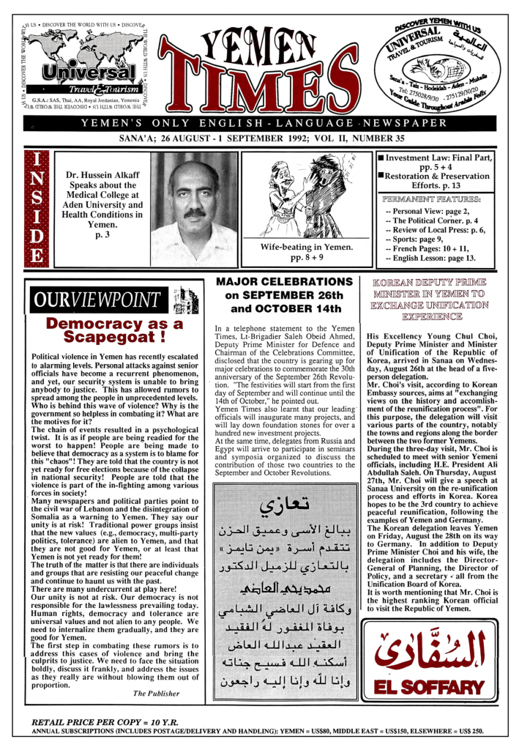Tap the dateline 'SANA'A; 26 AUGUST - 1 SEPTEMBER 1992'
259,137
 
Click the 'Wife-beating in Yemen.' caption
307,247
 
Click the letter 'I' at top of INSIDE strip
34,161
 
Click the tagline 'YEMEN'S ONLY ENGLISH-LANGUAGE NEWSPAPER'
260,122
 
